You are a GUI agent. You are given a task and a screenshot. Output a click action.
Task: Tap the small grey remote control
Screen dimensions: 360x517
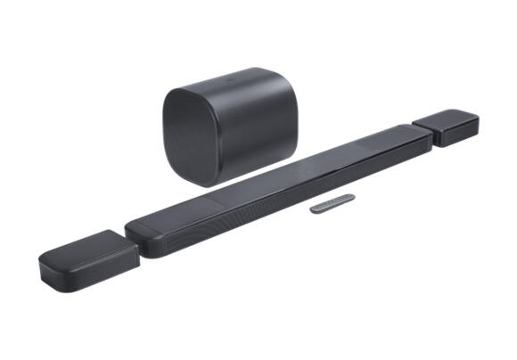(x=332, y=205)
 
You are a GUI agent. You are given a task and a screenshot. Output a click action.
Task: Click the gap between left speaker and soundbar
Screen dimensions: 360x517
(x=132, y=242)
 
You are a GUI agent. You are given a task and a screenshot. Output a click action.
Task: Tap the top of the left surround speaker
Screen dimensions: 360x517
(x=85, y=244)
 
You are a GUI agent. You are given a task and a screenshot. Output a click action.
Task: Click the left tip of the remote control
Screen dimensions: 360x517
(x=313, y=209)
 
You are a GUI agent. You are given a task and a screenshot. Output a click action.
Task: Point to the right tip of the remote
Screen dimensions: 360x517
(x=352, y=199)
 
